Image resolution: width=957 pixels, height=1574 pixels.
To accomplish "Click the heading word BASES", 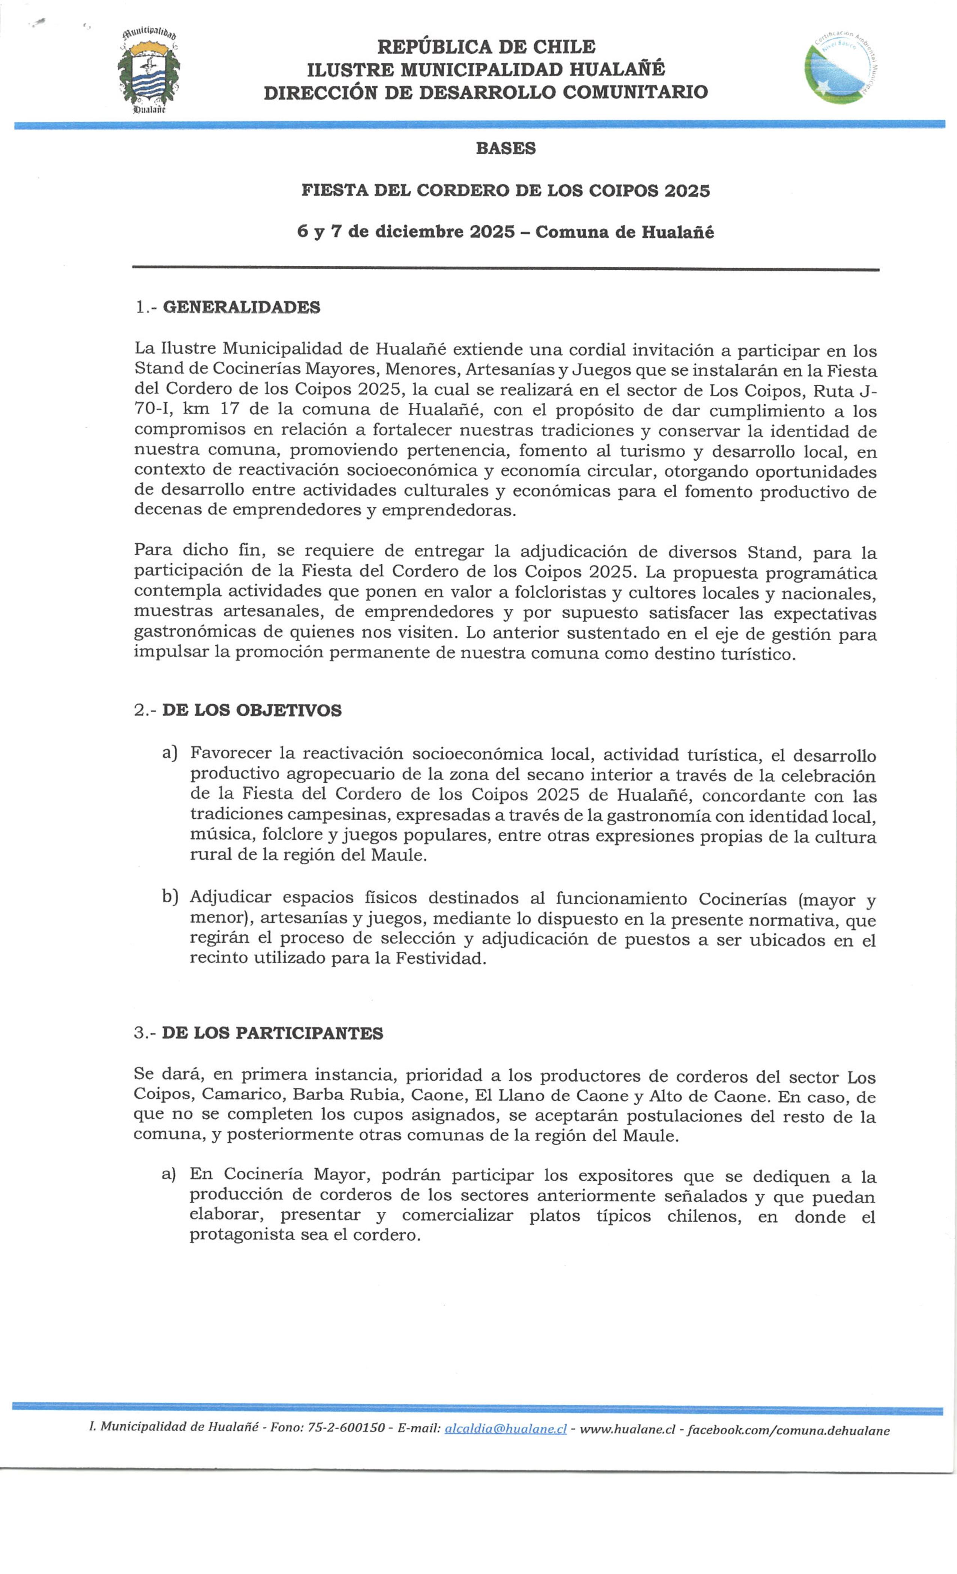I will click(505, 148).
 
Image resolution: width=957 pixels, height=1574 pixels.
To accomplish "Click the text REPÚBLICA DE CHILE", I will click(486, 47).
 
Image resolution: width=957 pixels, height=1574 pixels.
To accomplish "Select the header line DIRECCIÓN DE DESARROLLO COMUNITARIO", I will click(486, 92).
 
